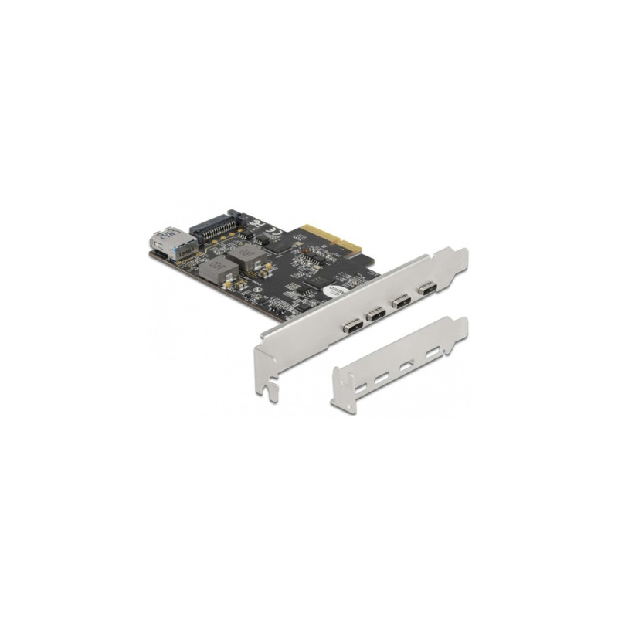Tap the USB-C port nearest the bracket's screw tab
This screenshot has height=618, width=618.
click(x=426, y=289)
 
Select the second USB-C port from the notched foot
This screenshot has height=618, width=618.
click(x=375, y=313)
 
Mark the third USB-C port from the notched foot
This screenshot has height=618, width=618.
click(x=400, y=301)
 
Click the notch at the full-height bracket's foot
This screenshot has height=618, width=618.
click(x=271, y=391)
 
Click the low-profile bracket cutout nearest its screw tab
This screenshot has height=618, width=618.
click(x=433, y=352)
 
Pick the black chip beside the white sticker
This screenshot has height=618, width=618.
click(x=308, y=294)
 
